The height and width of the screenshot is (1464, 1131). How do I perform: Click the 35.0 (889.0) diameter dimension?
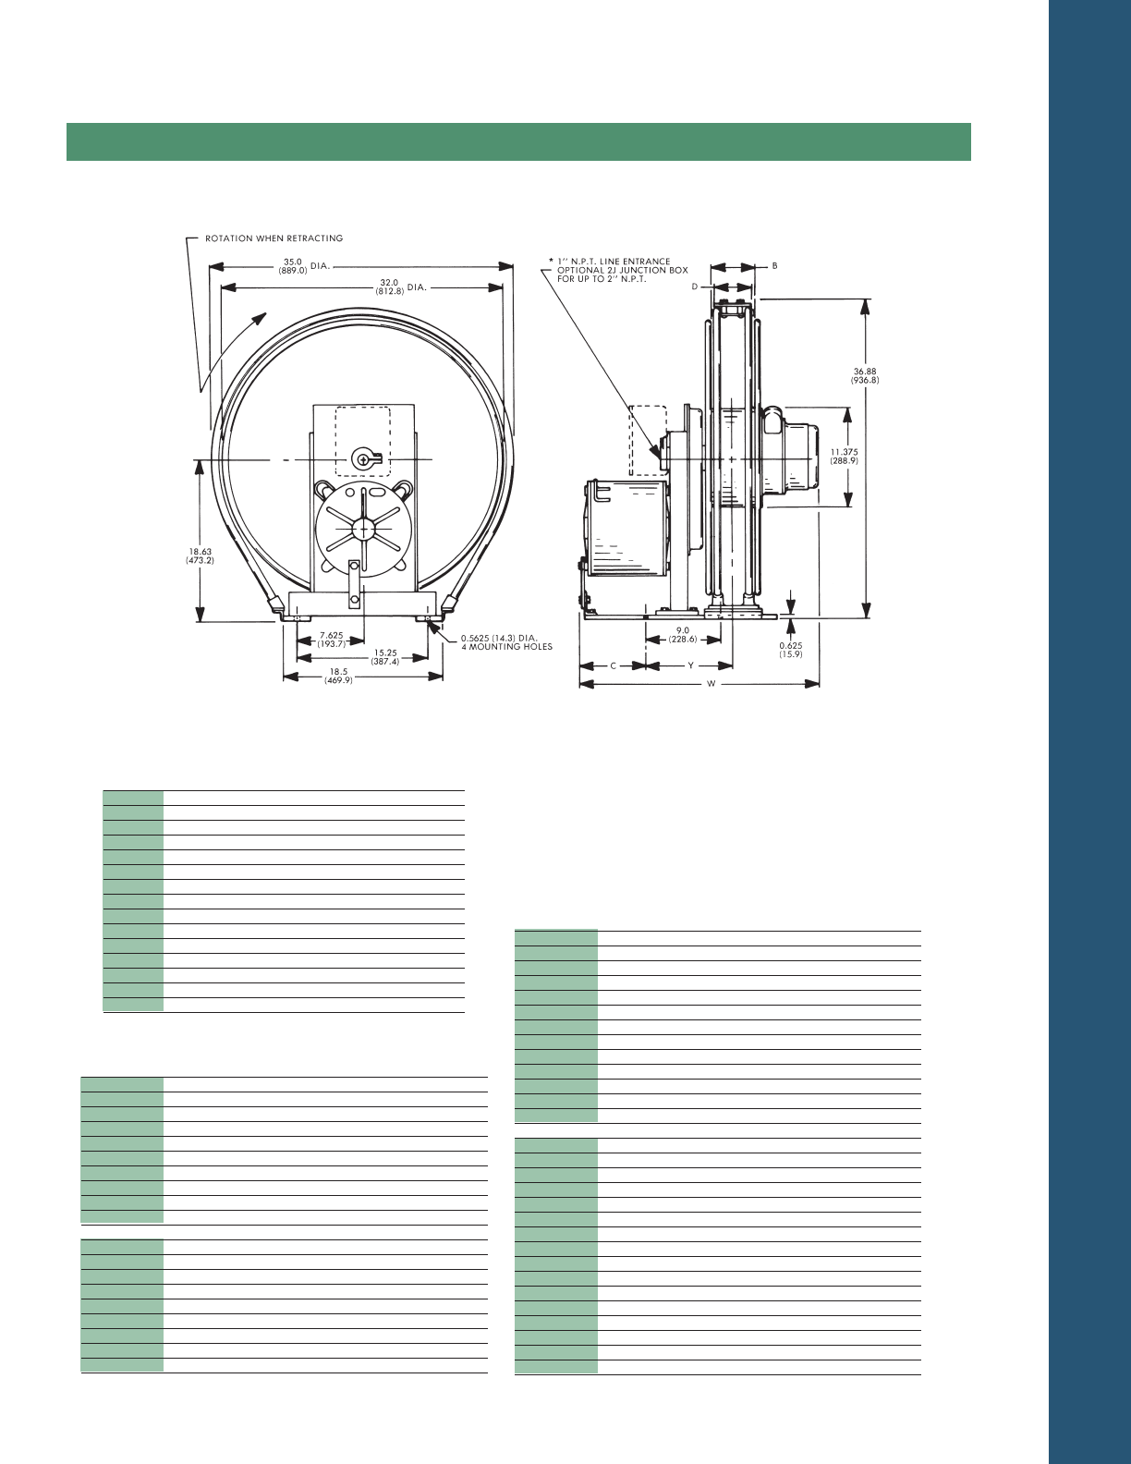[x=293, y=265]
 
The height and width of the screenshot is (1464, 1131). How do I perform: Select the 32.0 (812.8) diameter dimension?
[x=390, y=287]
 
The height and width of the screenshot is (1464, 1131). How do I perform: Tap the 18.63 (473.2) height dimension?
[x=201, y=555]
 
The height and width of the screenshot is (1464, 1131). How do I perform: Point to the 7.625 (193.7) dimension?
[x=332, y=640]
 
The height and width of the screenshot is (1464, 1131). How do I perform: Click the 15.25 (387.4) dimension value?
[x=385, y=657]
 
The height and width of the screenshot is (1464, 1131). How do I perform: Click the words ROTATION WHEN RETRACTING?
[x=274, y=238]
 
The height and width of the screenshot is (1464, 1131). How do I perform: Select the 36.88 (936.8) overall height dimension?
[x=865, y=375]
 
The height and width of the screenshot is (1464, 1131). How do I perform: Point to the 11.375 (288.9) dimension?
[x=844, y=456]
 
